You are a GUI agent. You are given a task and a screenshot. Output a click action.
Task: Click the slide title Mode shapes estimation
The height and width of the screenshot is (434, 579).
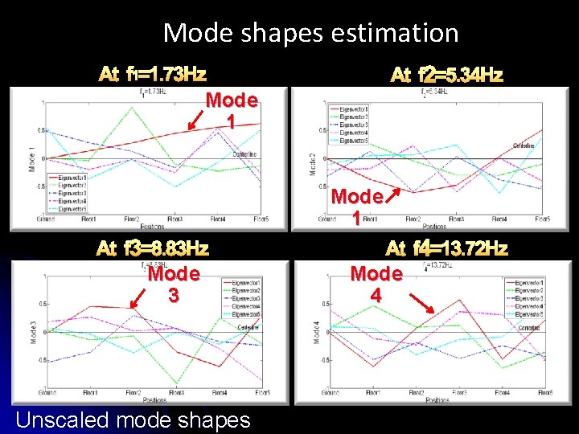coord(310,33)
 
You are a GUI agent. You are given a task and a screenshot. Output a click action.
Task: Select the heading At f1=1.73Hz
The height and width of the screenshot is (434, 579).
coord(152,76)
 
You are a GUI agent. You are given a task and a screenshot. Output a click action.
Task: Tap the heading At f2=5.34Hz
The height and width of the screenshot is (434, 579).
coord(446,76)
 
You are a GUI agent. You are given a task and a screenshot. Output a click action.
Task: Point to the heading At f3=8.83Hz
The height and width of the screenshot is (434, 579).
coord(152,248)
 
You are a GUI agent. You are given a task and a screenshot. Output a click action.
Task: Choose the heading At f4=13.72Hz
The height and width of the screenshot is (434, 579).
coord(446,248)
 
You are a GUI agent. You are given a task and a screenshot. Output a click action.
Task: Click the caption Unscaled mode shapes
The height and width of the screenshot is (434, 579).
coord(133,420)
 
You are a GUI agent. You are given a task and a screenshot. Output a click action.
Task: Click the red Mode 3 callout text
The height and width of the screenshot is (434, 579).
coord(173,284)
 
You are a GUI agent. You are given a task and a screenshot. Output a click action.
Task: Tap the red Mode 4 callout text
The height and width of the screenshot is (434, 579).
coord(376,284)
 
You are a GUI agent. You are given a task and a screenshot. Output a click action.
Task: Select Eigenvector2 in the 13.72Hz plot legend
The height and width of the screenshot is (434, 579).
coord(531,290)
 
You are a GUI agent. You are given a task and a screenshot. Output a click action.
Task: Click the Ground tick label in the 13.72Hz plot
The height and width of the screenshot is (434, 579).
coord(330,392)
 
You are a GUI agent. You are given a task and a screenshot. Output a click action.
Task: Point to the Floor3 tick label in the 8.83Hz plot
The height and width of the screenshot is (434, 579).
coord(175,392)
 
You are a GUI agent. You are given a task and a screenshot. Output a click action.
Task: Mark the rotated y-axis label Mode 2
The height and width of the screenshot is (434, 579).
coord(314,164)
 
